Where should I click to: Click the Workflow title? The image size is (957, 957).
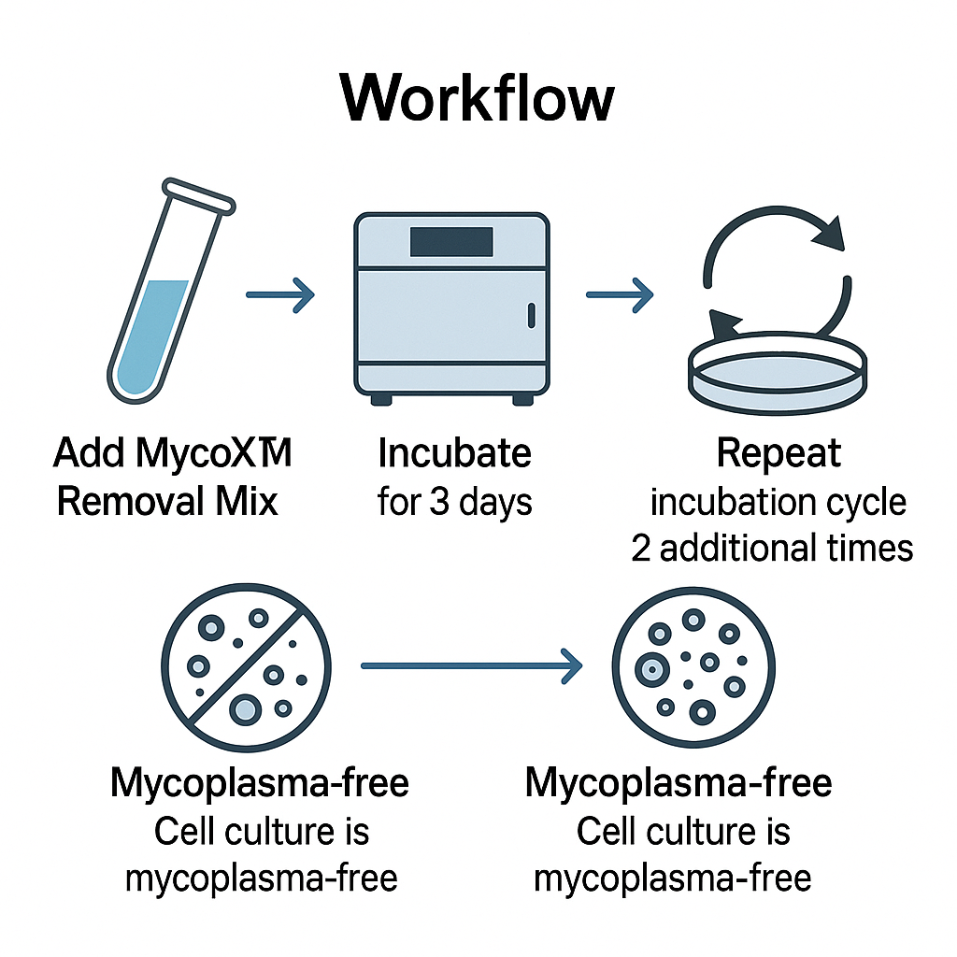478,97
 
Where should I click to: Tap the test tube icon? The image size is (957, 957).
171,292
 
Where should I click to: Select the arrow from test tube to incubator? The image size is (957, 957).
280,294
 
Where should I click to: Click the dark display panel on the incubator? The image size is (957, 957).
451,242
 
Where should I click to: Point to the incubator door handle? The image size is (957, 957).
532,316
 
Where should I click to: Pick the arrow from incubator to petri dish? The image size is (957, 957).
620,294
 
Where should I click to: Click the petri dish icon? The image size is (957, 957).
778,374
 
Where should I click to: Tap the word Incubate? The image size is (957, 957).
455,453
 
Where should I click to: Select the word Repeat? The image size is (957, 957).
778,453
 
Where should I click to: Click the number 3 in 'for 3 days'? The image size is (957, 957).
439,502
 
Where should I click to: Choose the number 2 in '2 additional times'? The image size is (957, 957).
640,548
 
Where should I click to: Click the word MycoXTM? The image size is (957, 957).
214,452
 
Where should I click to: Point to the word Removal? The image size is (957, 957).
130,502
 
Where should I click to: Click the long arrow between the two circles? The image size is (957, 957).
472,665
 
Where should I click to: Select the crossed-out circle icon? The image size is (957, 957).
247,667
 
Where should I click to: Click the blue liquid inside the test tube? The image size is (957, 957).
151,336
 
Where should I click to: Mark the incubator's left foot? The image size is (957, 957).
381,400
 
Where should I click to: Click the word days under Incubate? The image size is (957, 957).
495,504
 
